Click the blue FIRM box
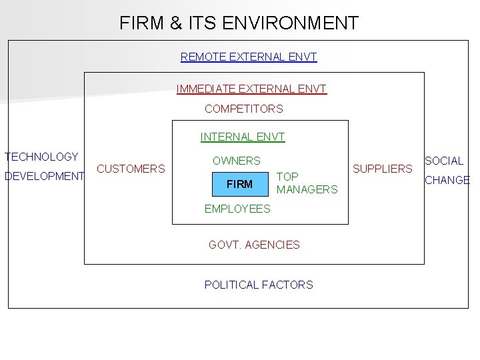pyautogui.click(x=239, y=184)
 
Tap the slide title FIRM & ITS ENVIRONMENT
pyautogui.click(x=239, y=23)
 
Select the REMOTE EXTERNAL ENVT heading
pyautogui.click(x=249, y=57)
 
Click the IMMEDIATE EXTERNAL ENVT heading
pyautogui.click(x=251, y=89)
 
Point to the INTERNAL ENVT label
pyautogui.click(x=243, y=137)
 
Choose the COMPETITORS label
pyautogui.click(x=244, y=109)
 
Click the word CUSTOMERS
pyautogui.click(x=131, y=169)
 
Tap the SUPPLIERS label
pyautogui.click(x=383, y=169)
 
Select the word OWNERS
pyautogui.click(x=237, y=161)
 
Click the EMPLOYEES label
pyautogui.click(x=237, y=209)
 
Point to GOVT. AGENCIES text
pyautogui.click(x=254, y=245)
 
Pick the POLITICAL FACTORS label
pyautogui.click(x=259, y=285)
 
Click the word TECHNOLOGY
pyautogui.click(x=41, y=157)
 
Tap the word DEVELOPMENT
pyautogui.click(x=44, y=177)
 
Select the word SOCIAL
pyautogui.click(x=444, y=161)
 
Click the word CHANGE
pyautogui.click(x=447, y=180)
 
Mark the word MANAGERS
pyautogui.click(x=307, y=189)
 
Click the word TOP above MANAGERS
pyautogui.click(x=287, y=177)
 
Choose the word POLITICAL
pyautogui.click(x=232, y=285)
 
